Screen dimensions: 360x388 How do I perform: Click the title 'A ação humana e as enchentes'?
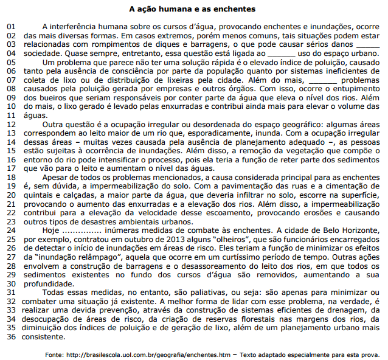pos(193,9)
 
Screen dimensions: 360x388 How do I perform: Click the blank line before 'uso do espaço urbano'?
pos(281,54)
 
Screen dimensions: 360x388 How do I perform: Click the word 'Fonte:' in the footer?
pos(55,354)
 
